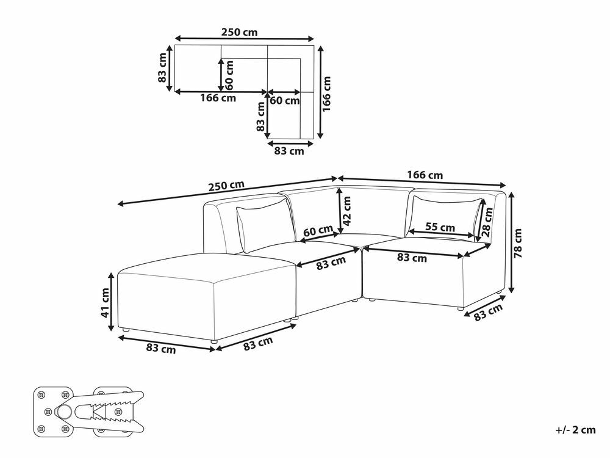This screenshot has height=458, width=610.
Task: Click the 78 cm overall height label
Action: point(518,244)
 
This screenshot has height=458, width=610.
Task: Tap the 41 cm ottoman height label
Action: point(106,303)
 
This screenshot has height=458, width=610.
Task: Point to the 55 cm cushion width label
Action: point(440,227)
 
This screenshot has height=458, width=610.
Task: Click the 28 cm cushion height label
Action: point(487,222)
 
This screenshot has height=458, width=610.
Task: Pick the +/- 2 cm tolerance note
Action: point(576,430)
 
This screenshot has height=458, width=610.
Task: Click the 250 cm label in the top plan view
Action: point(239,32)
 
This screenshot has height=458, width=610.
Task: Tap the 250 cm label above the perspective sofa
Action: point(226,186)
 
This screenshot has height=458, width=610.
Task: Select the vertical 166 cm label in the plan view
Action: point(326,94)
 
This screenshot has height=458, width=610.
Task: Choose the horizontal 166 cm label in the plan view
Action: point(218,98)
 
